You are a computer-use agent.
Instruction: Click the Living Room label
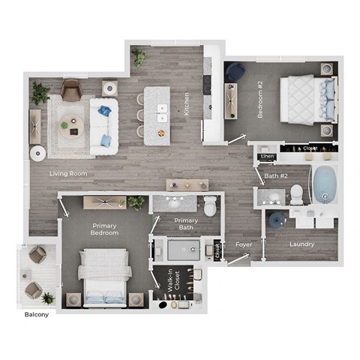[x=68, y=174]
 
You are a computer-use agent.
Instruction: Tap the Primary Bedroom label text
[x=106, y=229]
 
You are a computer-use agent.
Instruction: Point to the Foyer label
[x=244, y=244]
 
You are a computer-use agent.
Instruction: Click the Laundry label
[x=301, y=244]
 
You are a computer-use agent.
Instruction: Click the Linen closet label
[x=266, y=157]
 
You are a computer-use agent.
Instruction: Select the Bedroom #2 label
[x=261, y=106]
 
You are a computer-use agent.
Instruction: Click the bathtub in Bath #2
[x=324, y=184]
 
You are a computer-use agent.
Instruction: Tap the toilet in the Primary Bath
[x=211, y=205]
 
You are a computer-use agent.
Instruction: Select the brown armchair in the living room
[x=70, y=90]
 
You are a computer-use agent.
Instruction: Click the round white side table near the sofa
[x=37, y=154]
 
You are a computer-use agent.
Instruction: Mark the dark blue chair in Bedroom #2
[x=235, y=72]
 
